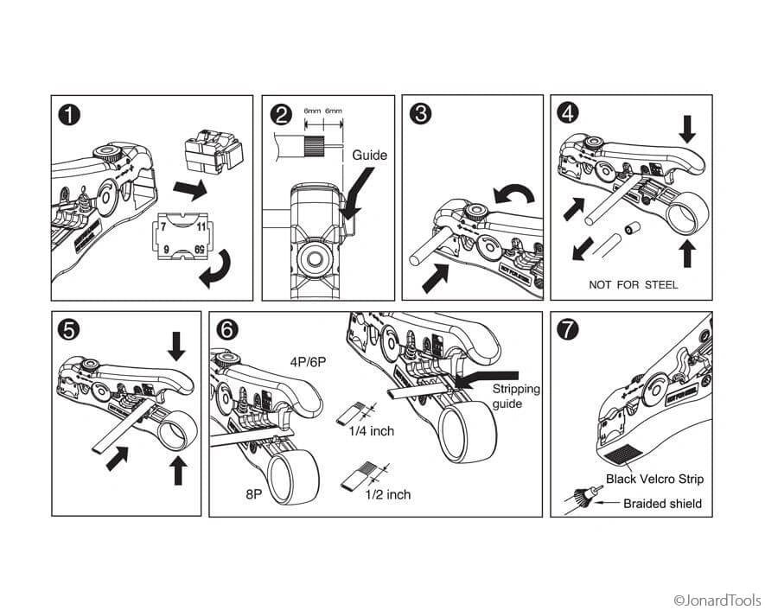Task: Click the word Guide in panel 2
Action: pos(369,156)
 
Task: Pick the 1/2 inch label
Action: pos(387,494)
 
